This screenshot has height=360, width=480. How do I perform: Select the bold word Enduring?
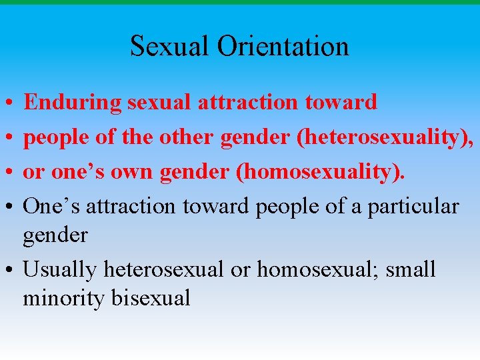73,102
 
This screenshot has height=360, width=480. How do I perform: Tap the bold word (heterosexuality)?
385,137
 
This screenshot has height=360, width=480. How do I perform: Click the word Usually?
60,269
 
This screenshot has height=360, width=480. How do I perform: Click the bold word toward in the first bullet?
341,102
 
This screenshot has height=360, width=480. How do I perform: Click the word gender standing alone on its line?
55,235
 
